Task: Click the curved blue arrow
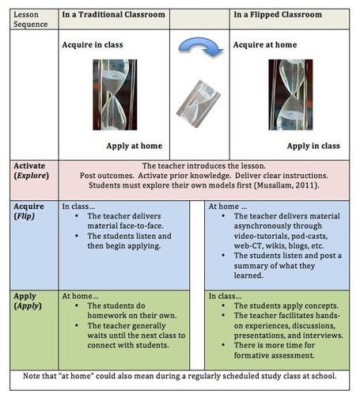pyautogui.click(x=201, y=43)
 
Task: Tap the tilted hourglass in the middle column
pyautogui.click(x=199, y=104)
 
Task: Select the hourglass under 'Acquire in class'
pyautogui.click(x=115, y=95)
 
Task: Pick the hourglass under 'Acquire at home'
pyautogui.click(x=290, y=95)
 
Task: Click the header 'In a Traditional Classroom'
pyautogui.click(x=114, y=14)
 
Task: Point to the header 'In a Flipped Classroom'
pyautogui.click(x=278, y=14)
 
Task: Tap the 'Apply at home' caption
pyautogui.click(x=135, y=146)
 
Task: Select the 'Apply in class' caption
pyautogui.click(x=313, y=146)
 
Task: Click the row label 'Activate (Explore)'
pyautogui.click(x=31, y=171)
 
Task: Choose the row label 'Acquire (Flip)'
pyautogui.click(x=28, y=211)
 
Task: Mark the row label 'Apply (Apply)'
pyautogui.click(x=28, y=301)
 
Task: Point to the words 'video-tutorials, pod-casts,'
pyautogui.click(x=281, y=236)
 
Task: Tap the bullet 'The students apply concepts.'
pyautogui.click(x=286, y=305)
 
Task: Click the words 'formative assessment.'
pyautogui.click(x=275, y=355)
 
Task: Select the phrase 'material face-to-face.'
pyautogui.click(x=126, y=226)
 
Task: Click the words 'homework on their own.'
pyautogui.click(x=132, y=316)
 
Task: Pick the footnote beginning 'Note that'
pyautogui.click(x=180, y=376)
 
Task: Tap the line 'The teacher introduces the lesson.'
pyautogui.click(x=204, y=166)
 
